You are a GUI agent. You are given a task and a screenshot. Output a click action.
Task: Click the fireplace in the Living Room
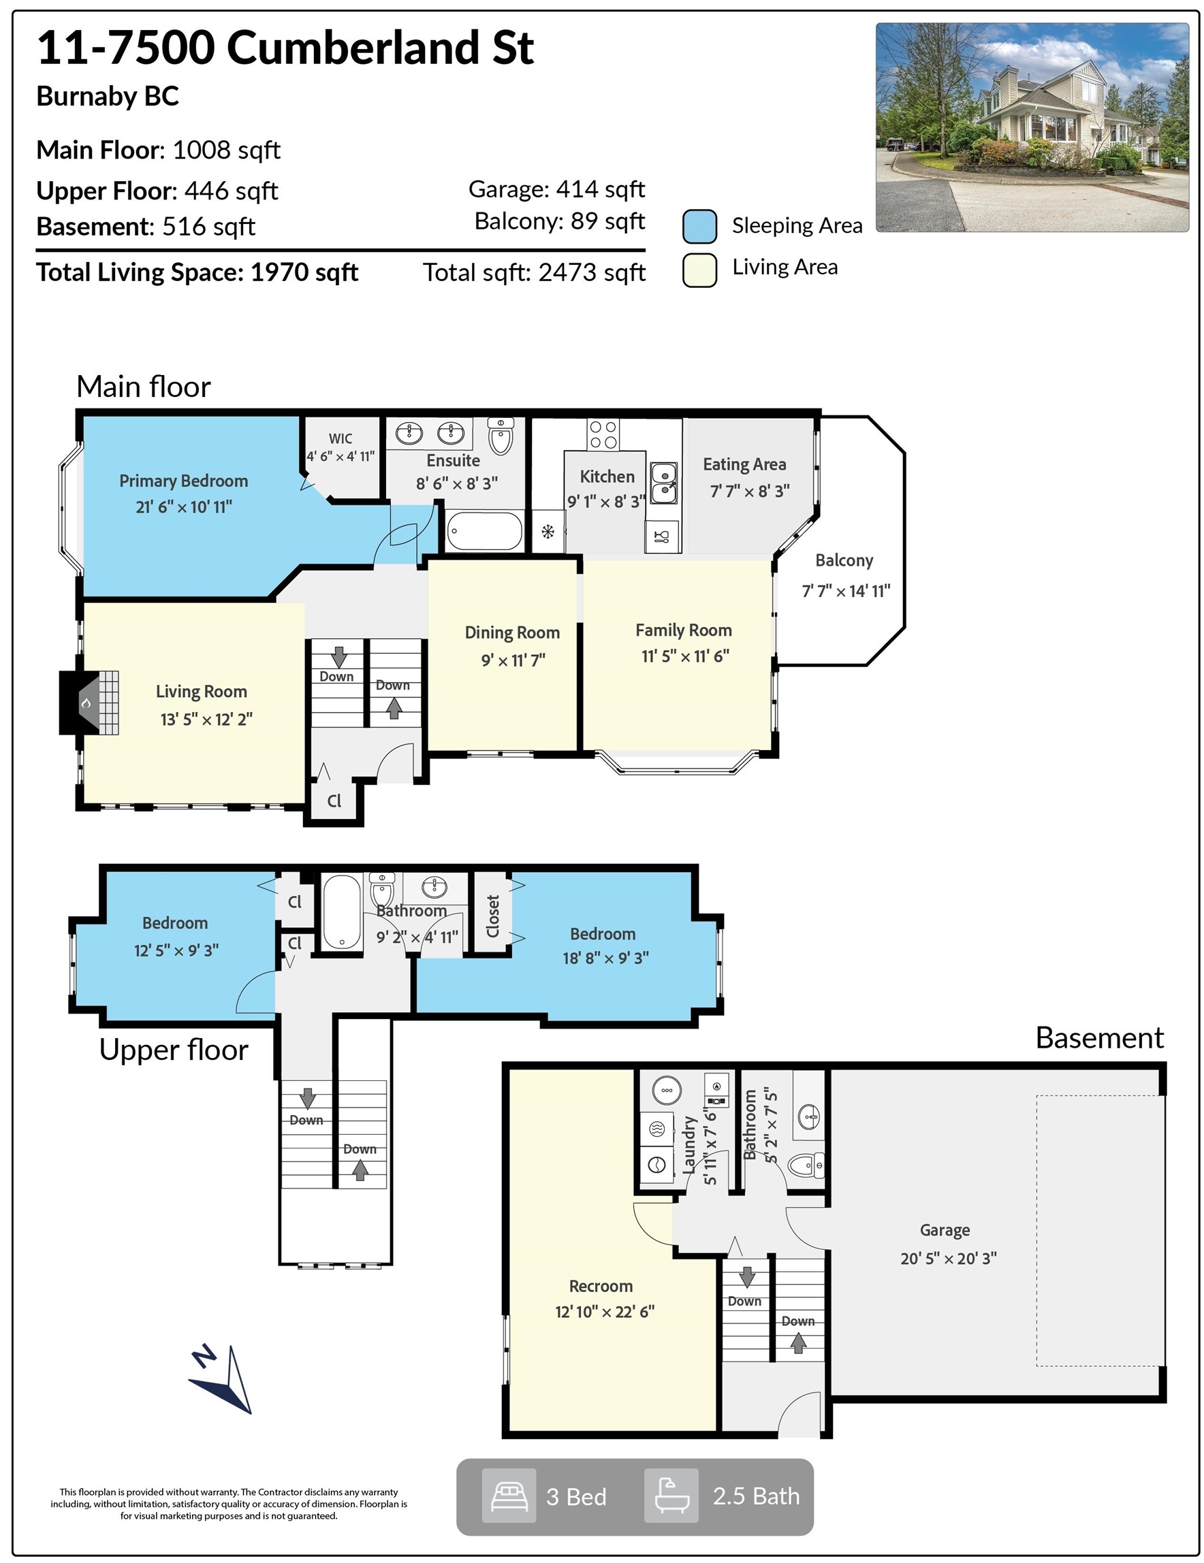coord(89,702)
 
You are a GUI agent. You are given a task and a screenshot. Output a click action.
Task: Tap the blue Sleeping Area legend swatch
coord(699,226)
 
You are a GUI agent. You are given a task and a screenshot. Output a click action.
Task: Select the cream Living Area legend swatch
coord(699,270)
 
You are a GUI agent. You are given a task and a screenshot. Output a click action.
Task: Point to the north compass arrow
coord(221,1379)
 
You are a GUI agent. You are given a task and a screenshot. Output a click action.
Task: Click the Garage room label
coord(945,1230)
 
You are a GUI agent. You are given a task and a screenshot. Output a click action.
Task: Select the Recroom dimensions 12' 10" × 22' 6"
coord(605,1311)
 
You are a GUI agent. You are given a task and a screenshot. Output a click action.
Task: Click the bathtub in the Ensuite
coord(485,531)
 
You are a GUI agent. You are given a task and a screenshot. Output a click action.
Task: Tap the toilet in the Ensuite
coord(501,436)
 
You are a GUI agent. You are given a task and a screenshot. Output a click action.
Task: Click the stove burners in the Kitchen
coord(603,434)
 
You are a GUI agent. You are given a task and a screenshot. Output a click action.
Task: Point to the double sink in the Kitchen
coord(664,483)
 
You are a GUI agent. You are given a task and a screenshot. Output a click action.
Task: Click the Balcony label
coord(844,560)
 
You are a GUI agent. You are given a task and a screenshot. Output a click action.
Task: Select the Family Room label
coord(684,630)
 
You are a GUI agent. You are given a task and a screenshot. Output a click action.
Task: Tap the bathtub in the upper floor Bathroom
coord(341,912)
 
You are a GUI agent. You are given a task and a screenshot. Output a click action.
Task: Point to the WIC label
coord(340,438)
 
